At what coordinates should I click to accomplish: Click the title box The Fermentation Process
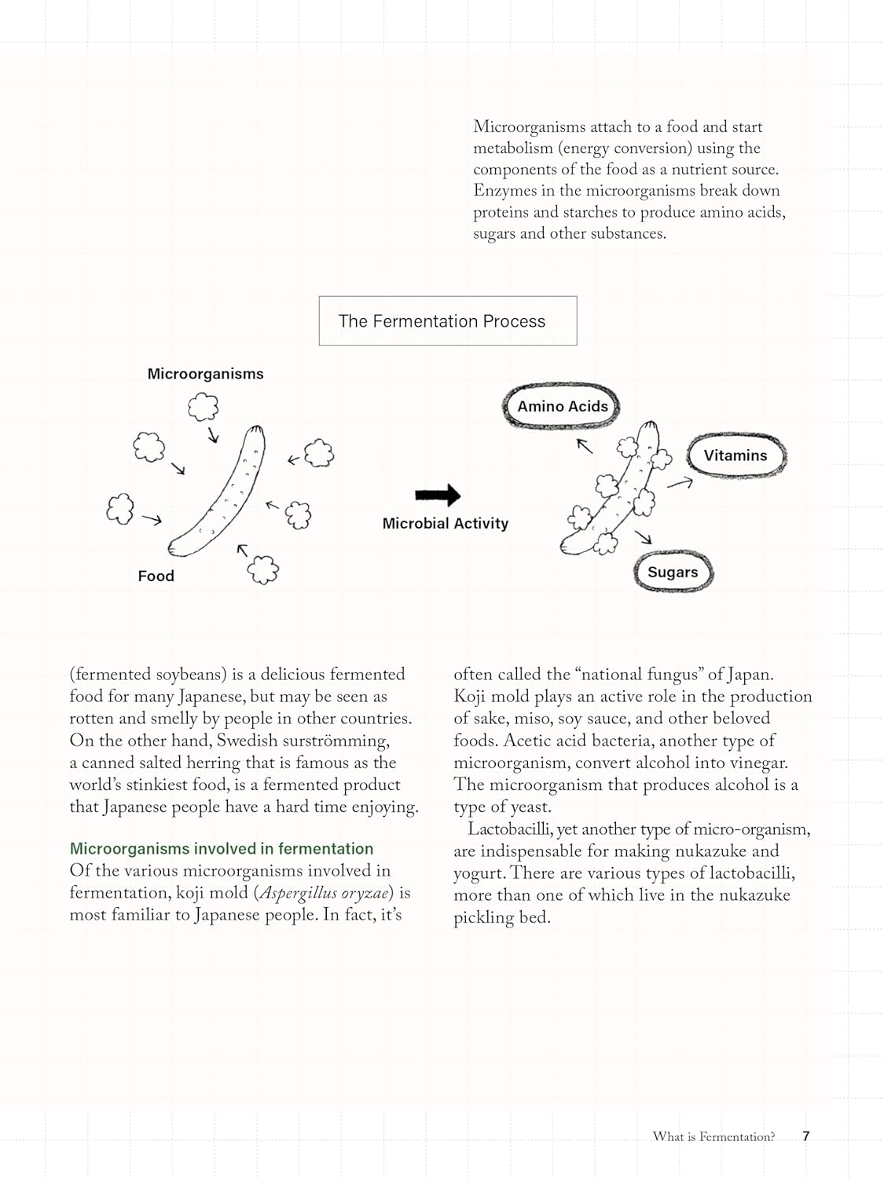pos(447,320)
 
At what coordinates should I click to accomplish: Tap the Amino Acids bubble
pos(562,406)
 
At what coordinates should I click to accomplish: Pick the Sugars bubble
pos(673,572)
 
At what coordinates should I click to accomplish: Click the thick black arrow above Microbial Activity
pos(438,495)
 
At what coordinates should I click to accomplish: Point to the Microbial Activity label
pos(445,523)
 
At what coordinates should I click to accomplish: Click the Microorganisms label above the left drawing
pos(205,374)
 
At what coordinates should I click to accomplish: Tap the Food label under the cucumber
pos(156,576)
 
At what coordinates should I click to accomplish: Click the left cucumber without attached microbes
pos(218,492)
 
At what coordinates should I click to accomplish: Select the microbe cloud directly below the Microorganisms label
pos(203,407)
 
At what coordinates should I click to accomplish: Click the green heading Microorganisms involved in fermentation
pos(221,848)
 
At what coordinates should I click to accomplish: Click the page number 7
pos(805,1136)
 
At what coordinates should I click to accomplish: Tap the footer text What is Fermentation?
pos(713,1136)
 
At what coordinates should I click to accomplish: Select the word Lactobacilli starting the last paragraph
pos(509,829)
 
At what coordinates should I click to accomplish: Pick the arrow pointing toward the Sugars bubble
pos(644,537)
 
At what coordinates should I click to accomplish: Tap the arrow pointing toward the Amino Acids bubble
pos(585,445)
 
